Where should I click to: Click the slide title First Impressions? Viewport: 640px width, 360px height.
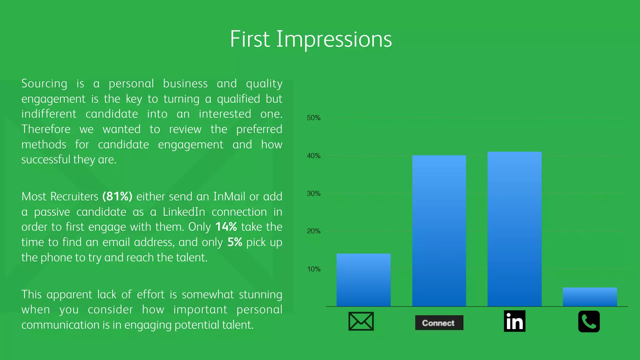(311, 39)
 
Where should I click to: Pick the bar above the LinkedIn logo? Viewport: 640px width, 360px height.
(514, 229)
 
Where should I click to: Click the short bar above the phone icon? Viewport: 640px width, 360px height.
(590, 297)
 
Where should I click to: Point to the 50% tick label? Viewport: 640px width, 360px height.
(313, 118)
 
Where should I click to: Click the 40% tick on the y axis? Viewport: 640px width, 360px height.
(313, 156)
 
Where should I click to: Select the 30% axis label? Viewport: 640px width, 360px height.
(313, 193)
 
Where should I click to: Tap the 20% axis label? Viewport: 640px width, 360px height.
(313, 231)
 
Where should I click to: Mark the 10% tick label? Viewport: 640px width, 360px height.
(313, 269)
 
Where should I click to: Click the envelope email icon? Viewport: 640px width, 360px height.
(361, 321)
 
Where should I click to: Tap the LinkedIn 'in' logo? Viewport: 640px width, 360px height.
(514, 321)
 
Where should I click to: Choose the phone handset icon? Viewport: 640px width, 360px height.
(589, 322)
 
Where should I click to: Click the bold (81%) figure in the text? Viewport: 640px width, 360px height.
(117, 197)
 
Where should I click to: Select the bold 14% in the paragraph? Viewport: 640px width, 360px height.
(226, 227)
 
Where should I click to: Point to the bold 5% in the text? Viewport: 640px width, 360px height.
(235, 242)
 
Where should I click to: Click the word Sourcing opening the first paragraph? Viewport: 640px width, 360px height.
(44, 84)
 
